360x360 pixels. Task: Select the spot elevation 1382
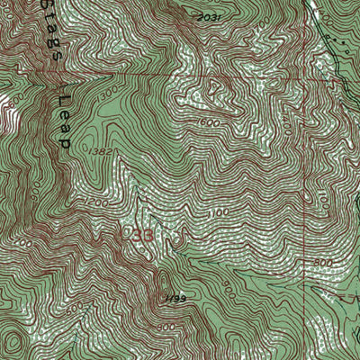point(101,152)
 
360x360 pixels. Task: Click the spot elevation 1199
point(174,298)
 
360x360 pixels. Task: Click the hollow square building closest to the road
point(340,40)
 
